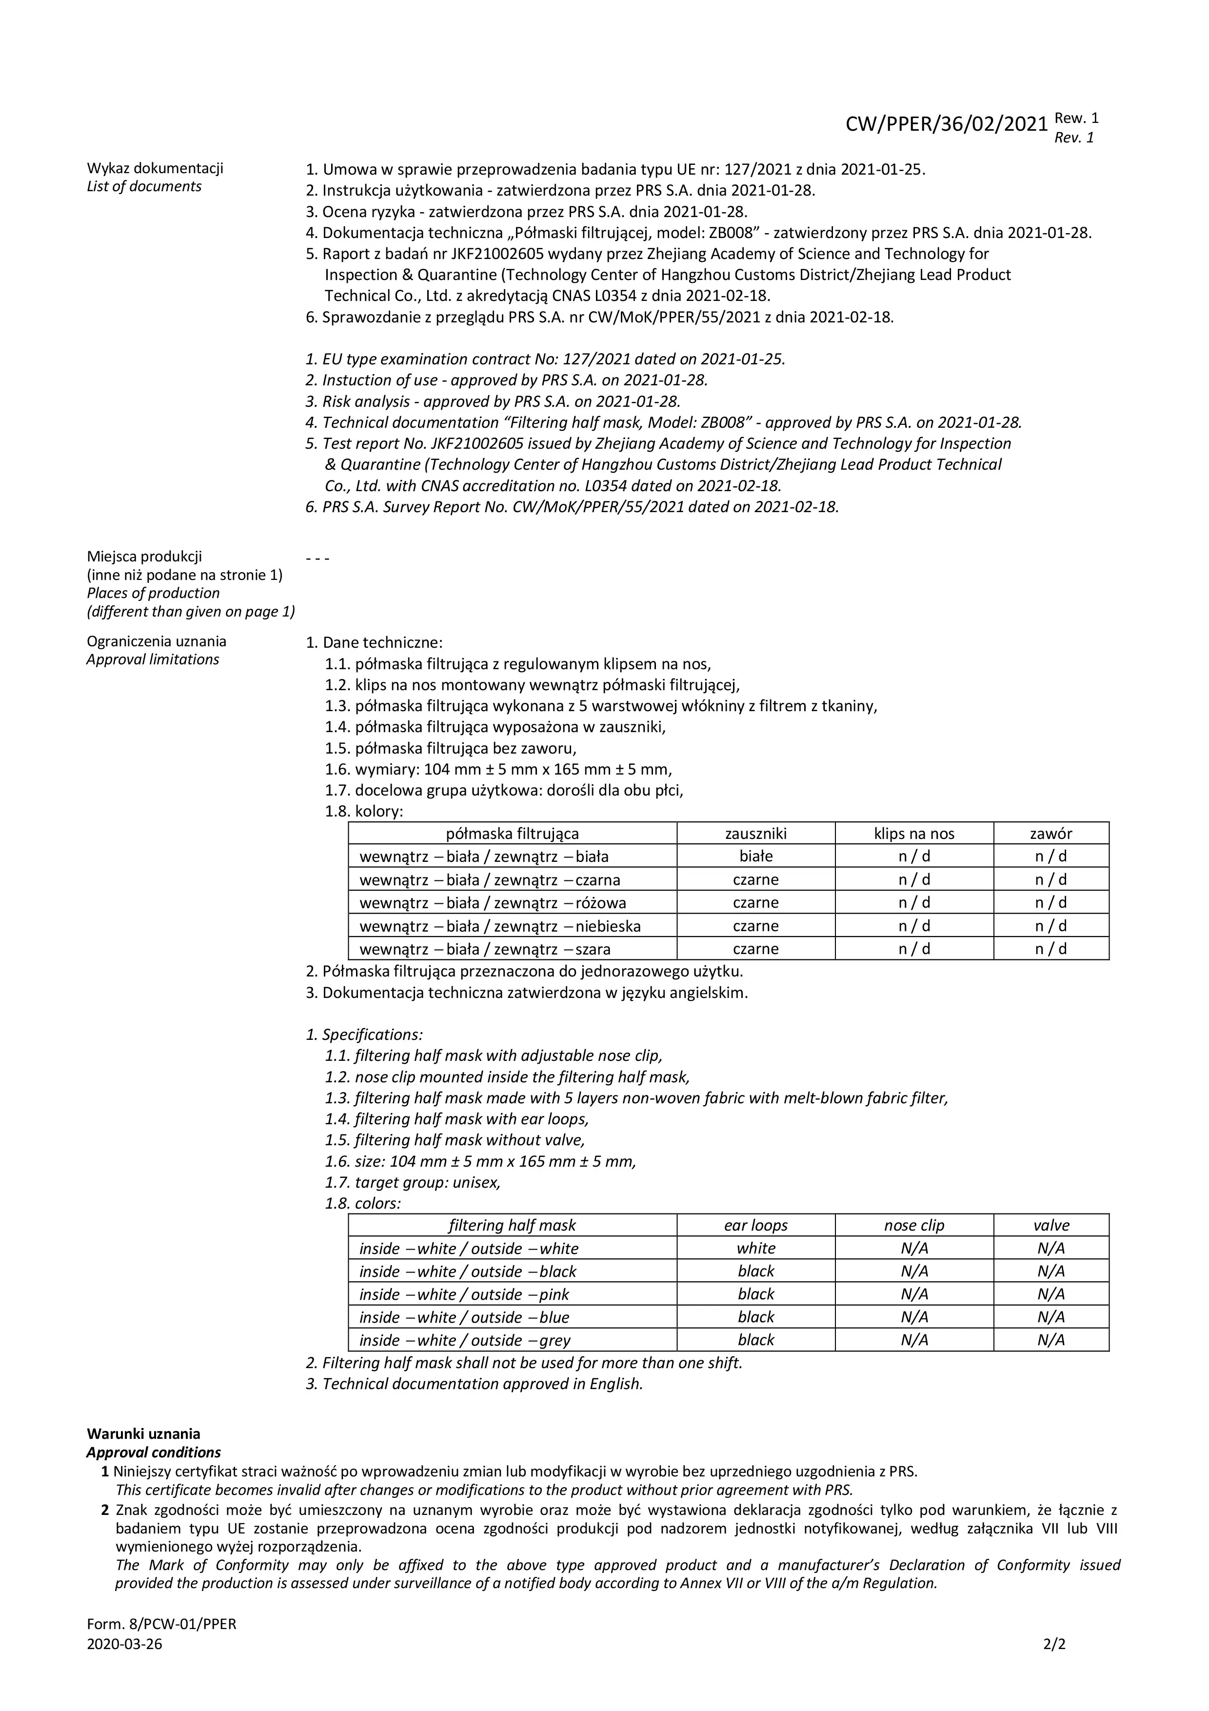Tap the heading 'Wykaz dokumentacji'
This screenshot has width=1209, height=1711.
(x=155, y=168)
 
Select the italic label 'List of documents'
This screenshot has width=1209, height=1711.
(x=144, y=186)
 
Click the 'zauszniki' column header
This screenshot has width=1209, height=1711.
(x=755, y=833)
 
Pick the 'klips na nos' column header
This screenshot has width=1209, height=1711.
(x=914, y=833)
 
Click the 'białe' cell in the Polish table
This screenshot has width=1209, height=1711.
(x=755, y=856)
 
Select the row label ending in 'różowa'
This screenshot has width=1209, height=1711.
(x=493, y=902)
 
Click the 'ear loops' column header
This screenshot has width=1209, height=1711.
(x=755, y=1225)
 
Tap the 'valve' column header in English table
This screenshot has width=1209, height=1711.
(x=1051, y=1225)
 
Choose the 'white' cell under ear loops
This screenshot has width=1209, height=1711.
(x=755, y=1248)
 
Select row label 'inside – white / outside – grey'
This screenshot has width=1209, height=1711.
(x=465, y=1341)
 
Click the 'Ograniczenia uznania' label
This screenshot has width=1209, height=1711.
(x=157, y=641)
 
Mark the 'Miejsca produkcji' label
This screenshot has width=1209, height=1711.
(x=144, y=556)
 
